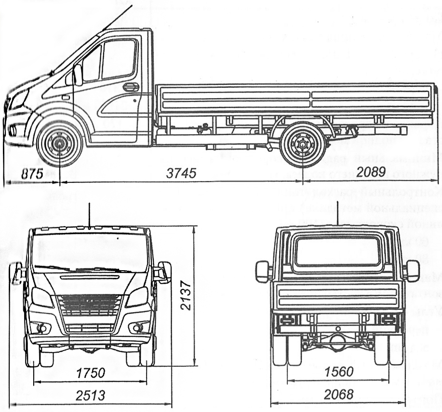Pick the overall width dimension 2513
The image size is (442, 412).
click(91, 396)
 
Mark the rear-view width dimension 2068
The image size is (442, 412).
click(338, 395)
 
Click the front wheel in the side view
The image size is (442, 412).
click(59, 143)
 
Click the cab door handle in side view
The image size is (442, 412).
click(131, 87)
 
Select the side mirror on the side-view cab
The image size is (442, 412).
click(77, 75)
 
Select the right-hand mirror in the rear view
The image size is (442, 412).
click(413, 271)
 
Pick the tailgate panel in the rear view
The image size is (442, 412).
click(336, 295)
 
